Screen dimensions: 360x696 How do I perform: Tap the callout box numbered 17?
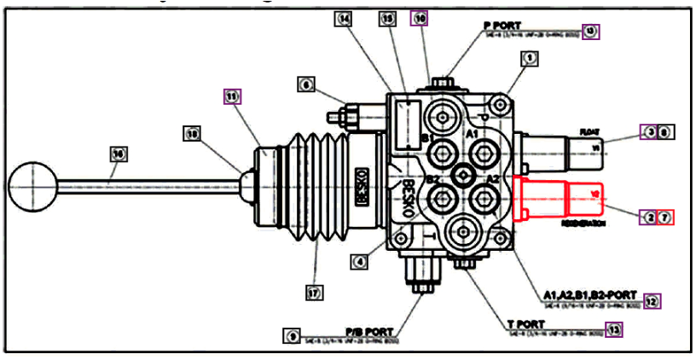[x=315, y=292]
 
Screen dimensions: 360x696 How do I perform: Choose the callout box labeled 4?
[x=361, y=261]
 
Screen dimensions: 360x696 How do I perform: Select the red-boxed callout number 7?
[x=666, y=218]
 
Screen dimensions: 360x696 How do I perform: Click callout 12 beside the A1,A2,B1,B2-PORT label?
[x=652, y=300]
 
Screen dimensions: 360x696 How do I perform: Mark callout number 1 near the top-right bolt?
[x=530, y=58]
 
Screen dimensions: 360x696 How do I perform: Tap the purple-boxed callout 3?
[x=650, y=132]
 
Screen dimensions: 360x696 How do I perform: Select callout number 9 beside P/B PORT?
[x=293, y=336]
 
